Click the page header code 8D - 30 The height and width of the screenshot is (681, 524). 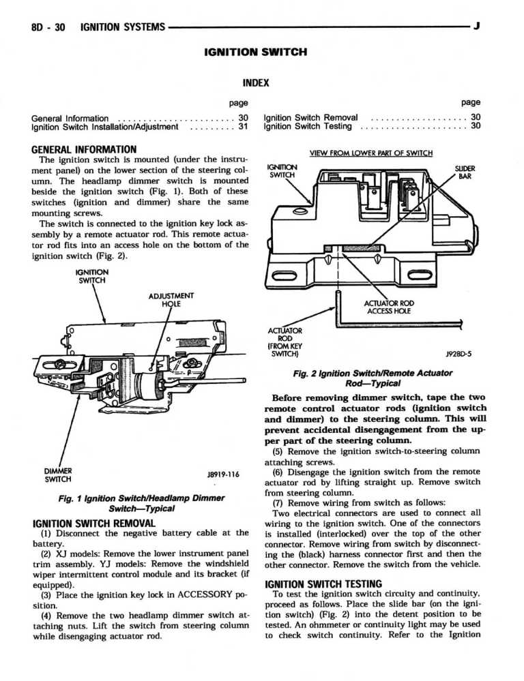pos(46,27)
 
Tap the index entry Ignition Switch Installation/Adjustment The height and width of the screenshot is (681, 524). pos(104,126)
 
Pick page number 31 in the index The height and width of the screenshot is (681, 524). pos(242,126)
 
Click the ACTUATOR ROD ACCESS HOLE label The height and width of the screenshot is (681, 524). pos(390,307)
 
